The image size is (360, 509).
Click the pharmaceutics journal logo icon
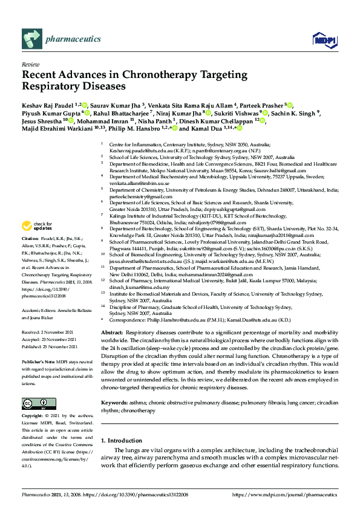31,39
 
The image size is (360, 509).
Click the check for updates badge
37,227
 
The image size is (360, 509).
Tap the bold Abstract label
112,333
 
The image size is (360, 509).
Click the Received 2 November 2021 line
48,333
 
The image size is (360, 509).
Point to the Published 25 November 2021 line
50,348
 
